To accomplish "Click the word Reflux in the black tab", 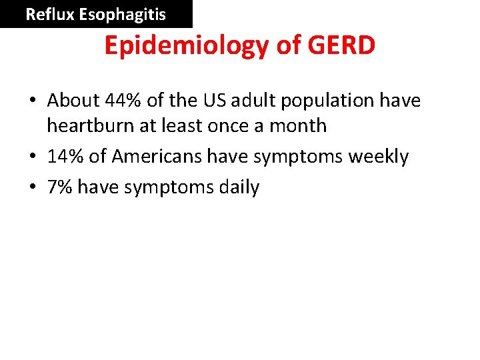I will pos(49,14).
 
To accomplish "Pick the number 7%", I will pos(59,187).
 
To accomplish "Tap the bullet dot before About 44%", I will pos(32,101).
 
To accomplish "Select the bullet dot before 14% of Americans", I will pos(32,157).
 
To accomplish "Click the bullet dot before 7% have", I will pos(32,188).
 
